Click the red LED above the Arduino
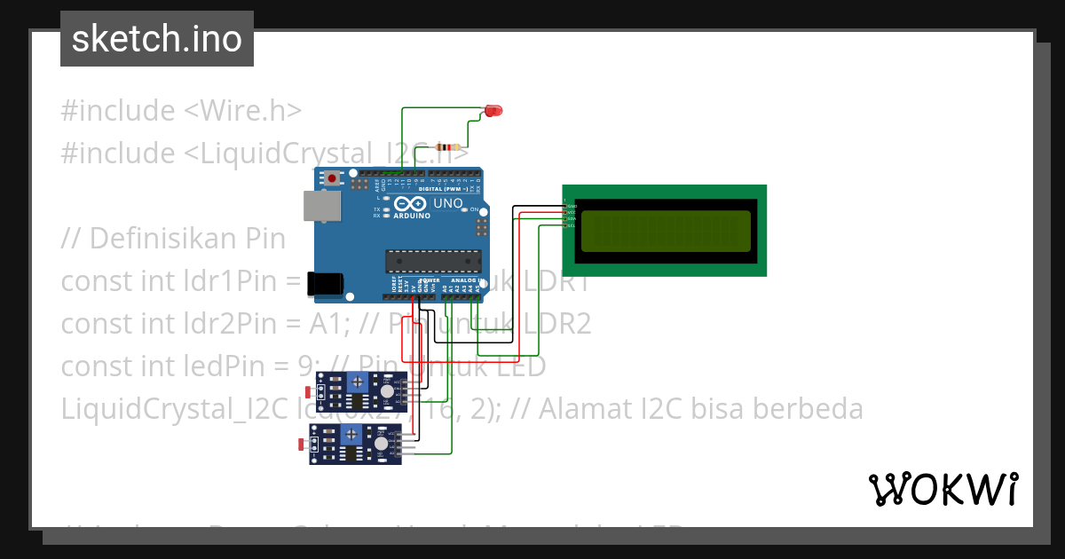pos(493,111)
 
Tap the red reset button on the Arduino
pos(333,178)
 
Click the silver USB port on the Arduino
pos(320,206)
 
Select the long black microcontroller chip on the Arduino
pos(433,261)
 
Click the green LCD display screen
pos(665,231)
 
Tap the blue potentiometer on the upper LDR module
pos(357,382)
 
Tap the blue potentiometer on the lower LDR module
pos(352,434)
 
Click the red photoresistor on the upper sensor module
pos(308,391)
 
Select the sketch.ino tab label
pos(157,39)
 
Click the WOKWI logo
pos(942,489)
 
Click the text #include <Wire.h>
pos(181,111)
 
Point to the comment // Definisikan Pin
pos(174,239)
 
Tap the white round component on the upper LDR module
pos(387,391)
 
